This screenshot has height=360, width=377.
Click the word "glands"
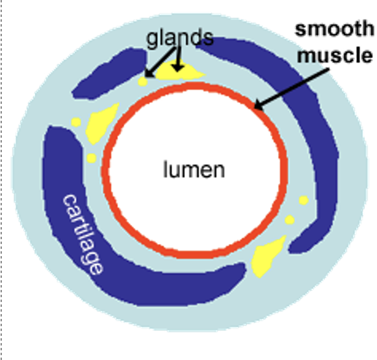[x=179, y=37]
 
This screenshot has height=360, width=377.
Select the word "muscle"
[x=335, y=55]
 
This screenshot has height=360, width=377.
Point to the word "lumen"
[x=194, y=170]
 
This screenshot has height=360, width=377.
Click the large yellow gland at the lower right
[x=267, y=254]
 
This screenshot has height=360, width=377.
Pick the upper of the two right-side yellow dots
[x=303, y=200]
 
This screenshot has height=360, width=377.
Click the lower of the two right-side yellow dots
[x=289, y=219]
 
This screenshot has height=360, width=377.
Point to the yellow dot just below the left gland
[x=91, y=158]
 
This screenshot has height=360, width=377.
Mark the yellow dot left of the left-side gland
[x=76, y=122]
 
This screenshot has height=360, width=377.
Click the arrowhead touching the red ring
[x=259, y=106]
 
